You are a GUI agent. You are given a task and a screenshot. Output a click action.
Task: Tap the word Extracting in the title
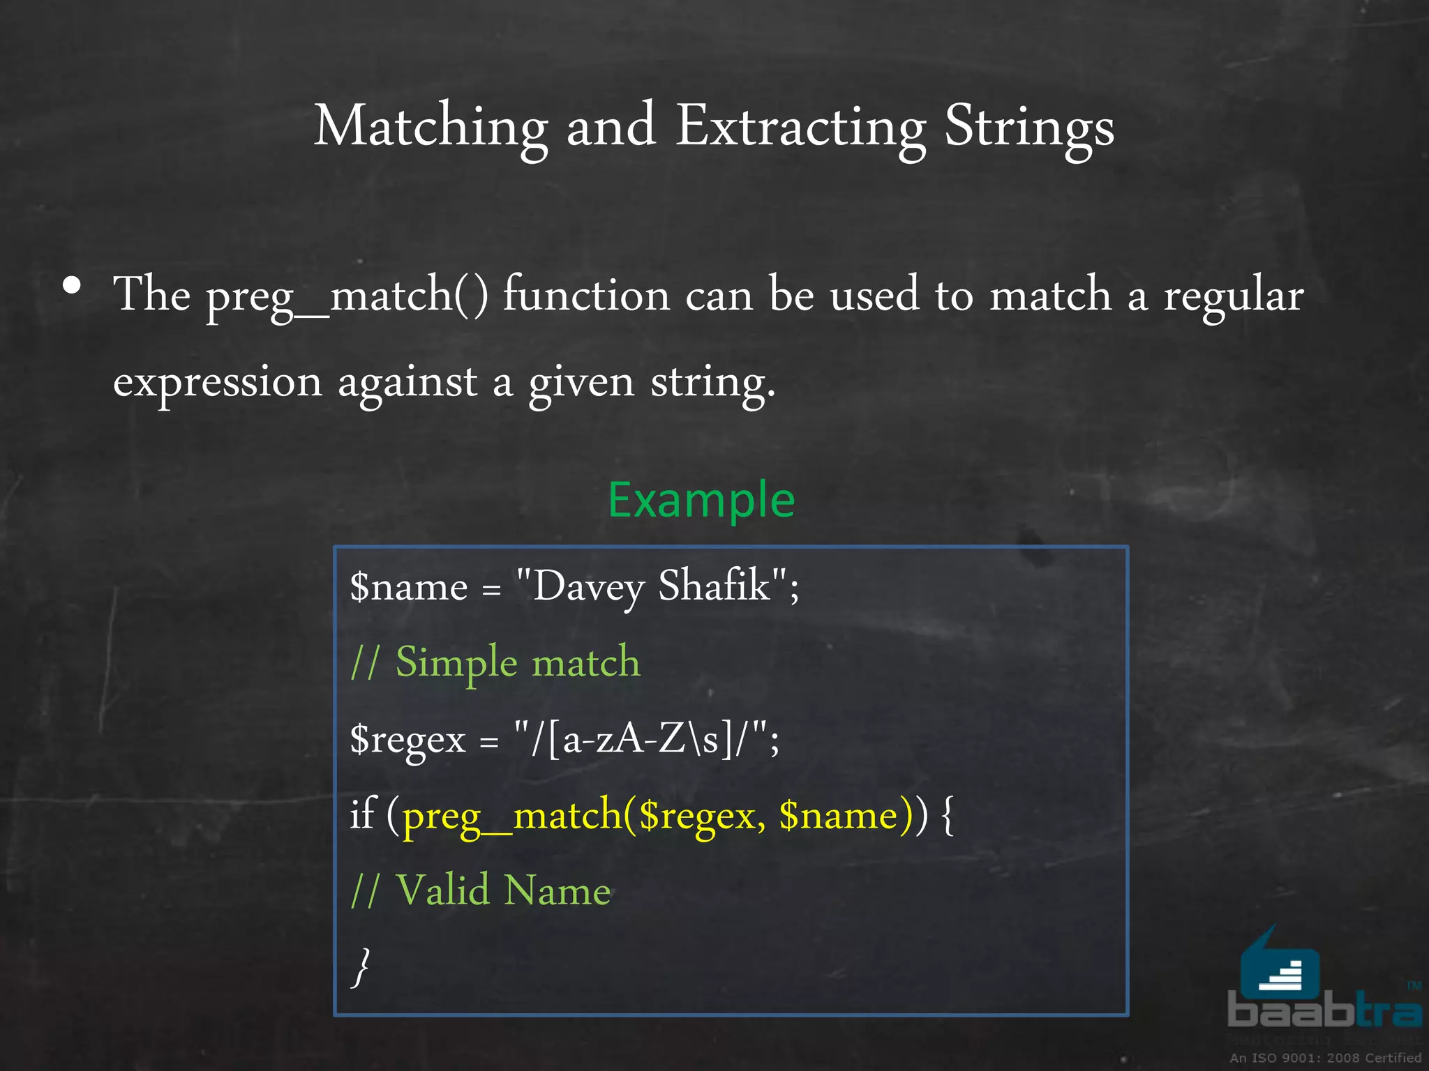click(x=800, y=127)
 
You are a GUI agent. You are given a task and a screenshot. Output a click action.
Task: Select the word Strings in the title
click(x=1029, y=127)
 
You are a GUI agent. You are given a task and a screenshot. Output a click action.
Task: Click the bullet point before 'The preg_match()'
click(x=72, y=285)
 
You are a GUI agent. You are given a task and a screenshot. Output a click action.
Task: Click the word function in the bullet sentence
click(x=586, y=294)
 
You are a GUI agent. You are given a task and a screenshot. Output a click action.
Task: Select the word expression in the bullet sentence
click(x=218, y=382)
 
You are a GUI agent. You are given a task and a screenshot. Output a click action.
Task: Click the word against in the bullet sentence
click(x=407, y=382)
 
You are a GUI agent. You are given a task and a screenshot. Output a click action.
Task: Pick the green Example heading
click(x=701, y=499)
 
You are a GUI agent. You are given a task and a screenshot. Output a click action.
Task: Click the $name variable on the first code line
click(x=408, y=586)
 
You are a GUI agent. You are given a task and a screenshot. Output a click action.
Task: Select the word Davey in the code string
click(x=588, y=586)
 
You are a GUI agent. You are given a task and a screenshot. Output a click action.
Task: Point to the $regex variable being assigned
click(x=407, y=739)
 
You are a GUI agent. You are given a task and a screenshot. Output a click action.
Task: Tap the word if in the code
click(x=362, y=813)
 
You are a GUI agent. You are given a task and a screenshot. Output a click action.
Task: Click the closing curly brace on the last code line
click(x=361, y=966)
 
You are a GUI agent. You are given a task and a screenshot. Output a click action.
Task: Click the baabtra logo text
click(x=1324, y=1010)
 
